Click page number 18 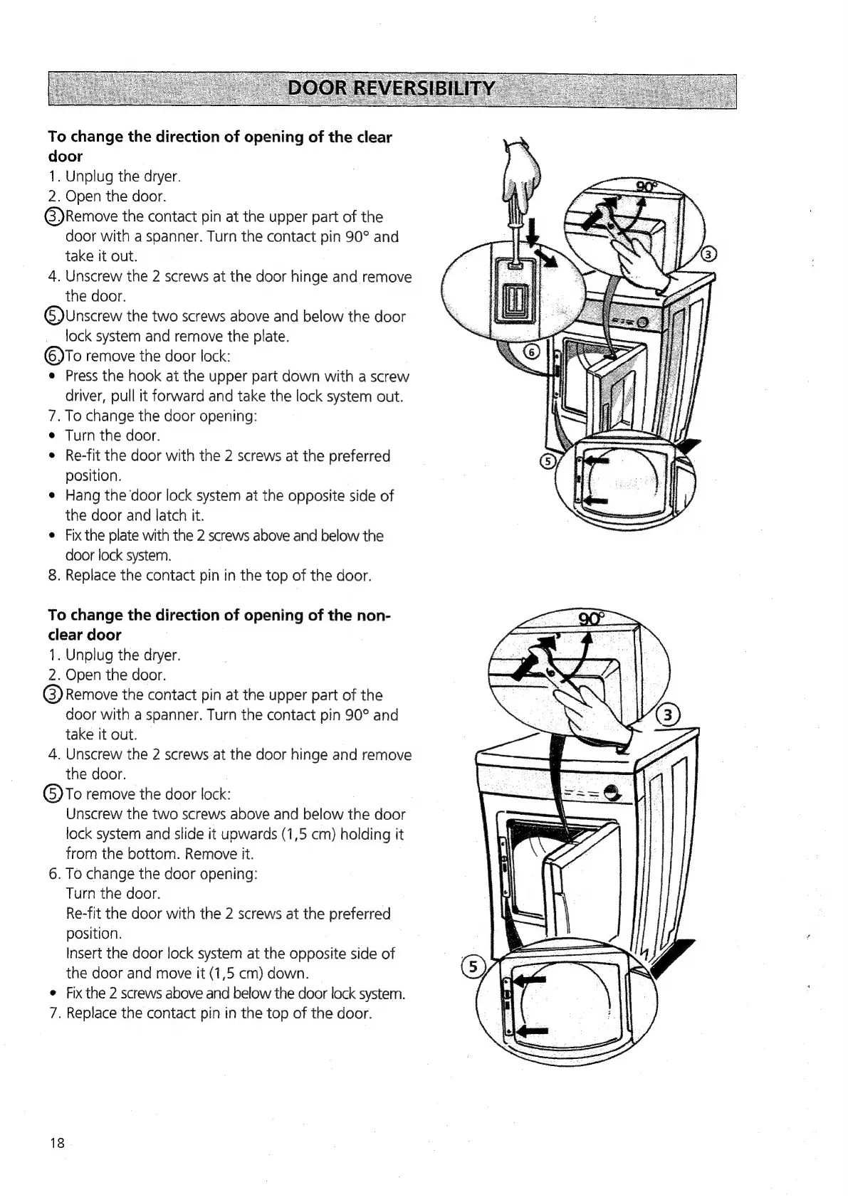(57, 1143)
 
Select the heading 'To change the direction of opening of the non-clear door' (219, 624)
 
